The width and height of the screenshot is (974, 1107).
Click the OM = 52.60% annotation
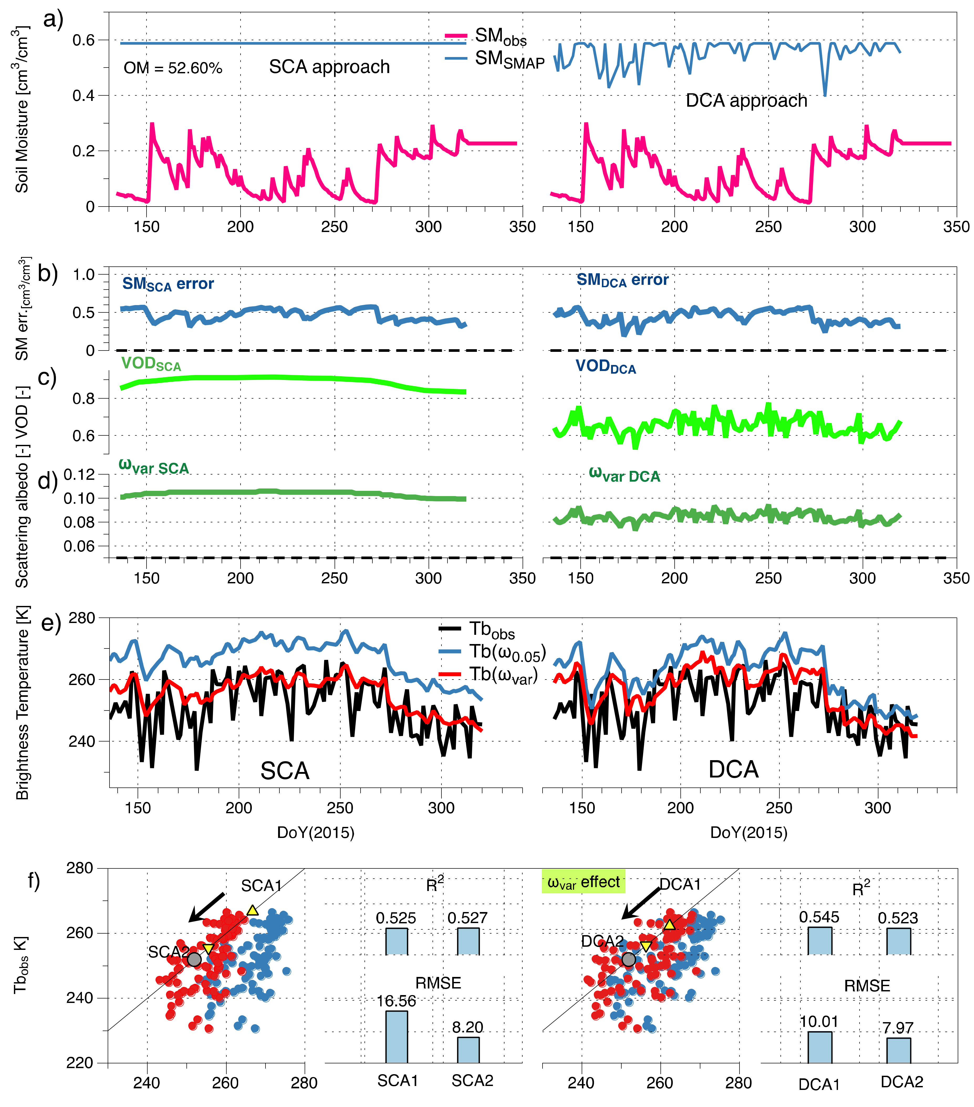pyautogui.click(x=173, y=68)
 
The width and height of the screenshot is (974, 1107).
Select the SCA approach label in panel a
pyautogui.click(x=329, y=67)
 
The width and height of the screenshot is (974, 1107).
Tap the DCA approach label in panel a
pyautogui.click(x=746, y=101)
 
